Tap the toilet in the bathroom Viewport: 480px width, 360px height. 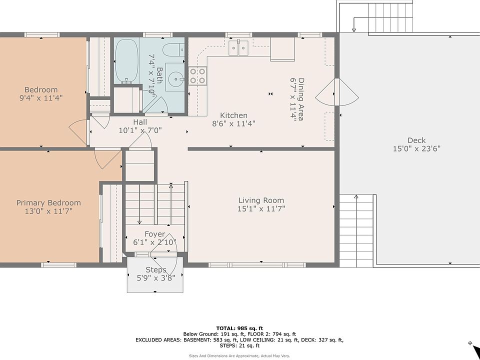pyautogui.click(x=173, y=50)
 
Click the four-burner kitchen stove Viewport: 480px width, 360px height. pyautogui.click(x=197, y=76)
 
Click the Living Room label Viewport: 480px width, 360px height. pyautogui.click(x=261, y=200)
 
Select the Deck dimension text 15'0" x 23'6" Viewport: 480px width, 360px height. pyautogui.click(x=416, y=149)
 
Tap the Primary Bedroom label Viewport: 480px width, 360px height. pyautogui.click(x=48, y=203)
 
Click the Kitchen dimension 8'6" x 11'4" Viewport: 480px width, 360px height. pyautogui.click(x=233, y=123)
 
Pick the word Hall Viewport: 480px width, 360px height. pyautogui.click(x=140, y=122)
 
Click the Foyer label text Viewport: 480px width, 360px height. pyautogui.click(x=155, y=234)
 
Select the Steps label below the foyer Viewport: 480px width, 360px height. pyautogui.click(x=156, y=270)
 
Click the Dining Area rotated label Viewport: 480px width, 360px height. pyautogui.click(x=301, y=99)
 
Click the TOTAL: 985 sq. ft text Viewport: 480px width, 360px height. pyautogui.click(x=239, y=328)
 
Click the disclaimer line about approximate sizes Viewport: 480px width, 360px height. pyautogui.click(x=239, y=356)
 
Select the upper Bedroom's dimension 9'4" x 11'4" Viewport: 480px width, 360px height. pyautogui.click(x=41, y=98)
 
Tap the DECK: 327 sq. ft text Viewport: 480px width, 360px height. pyautogui.click(x=322, y=340)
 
